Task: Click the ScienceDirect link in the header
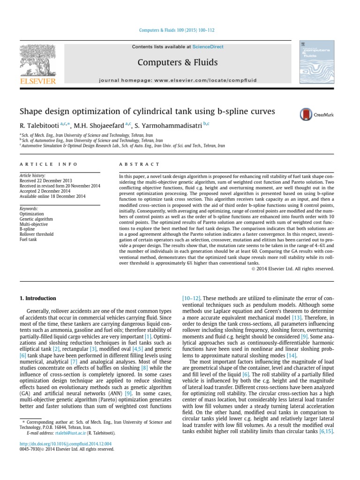[208, 47]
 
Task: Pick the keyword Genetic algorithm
[36, 218]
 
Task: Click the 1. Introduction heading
[37, 298]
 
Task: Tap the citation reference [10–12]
[189, 297]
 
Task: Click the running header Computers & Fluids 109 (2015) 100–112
[177, 30]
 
